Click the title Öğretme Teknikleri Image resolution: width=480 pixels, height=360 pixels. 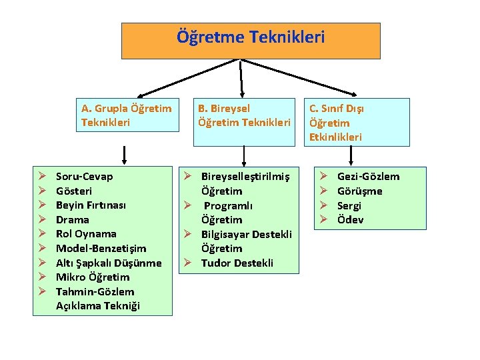(x=251, y=37)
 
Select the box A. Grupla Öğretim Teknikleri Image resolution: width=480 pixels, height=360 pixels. (x=126, y=115)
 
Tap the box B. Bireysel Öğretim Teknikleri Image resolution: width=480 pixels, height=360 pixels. (x=244, y=115)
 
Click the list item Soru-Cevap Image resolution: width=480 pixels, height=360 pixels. (x=84, y=177)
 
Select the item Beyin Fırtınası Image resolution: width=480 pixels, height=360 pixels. (x=91, y=205)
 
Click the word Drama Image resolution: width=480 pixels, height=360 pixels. (x=72, y=220)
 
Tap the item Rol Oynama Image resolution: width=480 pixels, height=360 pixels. (x=86, y=234)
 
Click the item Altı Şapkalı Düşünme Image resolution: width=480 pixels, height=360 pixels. (x=109, y=263)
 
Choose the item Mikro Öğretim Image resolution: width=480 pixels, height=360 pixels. (x=93, y=277)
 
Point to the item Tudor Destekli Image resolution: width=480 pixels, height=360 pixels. (x=237, y=263)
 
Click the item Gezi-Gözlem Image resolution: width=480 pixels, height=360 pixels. (x=368, y=177)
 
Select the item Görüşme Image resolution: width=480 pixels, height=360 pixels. (x=359, y=191)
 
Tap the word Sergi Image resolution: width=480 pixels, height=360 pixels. (x=349, y=205)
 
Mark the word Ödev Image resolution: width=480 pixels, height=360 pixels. (x=350, y=220)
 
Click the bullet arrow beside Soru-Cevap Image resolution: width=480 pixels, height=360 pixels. (x=41, y=177)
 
